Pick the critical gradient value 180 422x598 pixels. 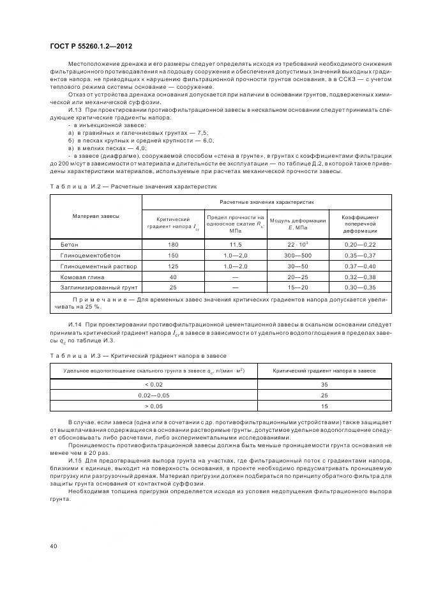click(x=172, y=245)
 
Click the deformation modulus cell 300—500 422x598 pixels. click(x=298, y=255)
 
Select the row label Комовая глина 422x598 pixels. click(x=79, y=277)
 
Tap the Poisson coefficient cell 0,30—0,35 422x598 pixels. click(x=361, y=287)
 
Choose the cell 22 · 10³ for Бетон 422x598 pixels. click(x=298, y=245)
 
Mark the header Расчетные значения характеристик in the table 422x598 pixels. click(x=268, y=201)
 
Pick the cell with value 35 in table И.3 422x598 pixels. click(x=324, y=385)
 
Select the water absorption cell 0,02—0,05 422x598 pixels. click(x=154, y=395)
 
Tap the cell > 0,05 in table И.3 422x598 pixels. click(x=154, y=406)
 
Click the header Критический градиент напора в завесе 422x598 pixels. click(x=324, y=371)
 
